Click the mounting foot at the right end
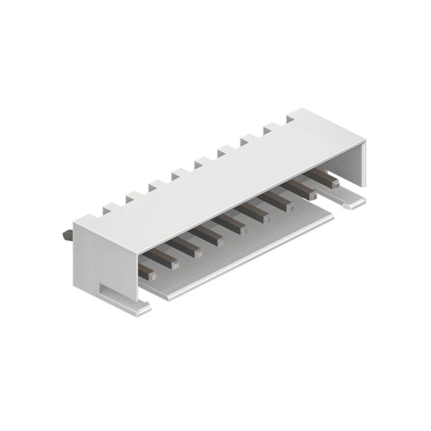pos(354,201)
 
